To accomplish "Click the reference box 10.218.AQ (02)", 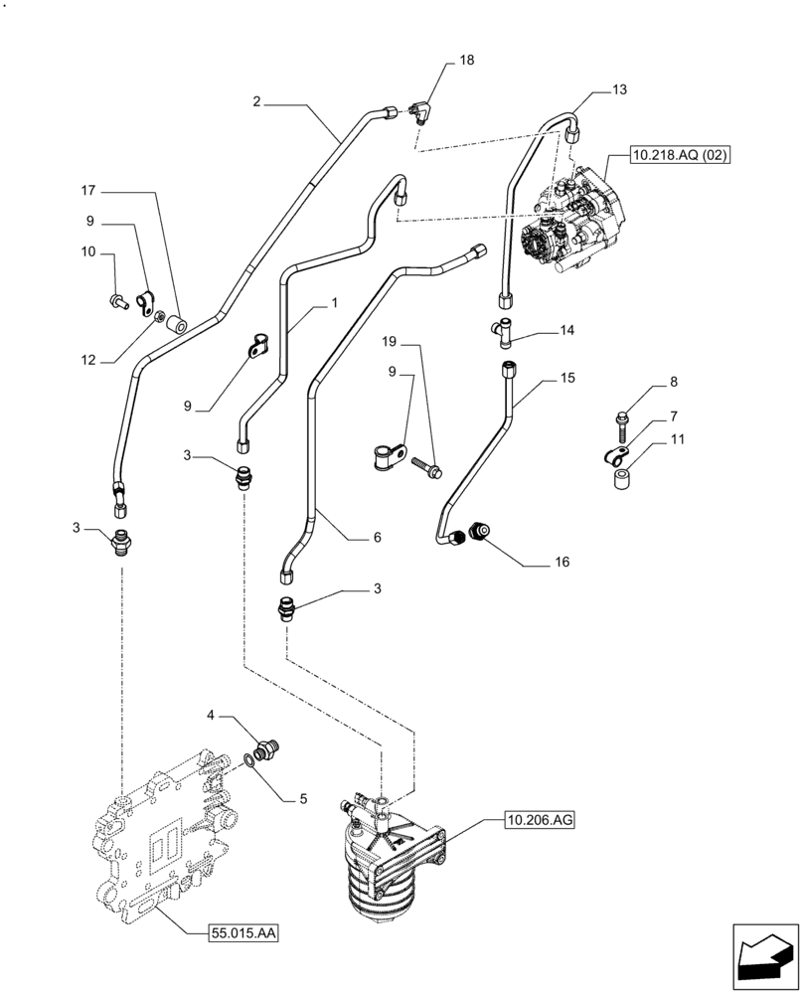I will [x=679, y=157].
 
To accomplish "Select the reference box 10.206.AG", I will [x=541, y=820].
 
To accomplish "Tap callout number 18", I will [x=466, y=61].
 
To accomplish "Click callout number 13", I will [x=619, y=89].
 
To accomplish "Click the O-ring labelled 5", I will [x=248, y=763].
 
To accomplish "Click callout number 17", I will [x=87, y=189].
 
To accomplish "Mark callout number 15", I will [x=567, y=378].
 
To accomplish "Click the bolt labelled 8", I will [x=621, y=422].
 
